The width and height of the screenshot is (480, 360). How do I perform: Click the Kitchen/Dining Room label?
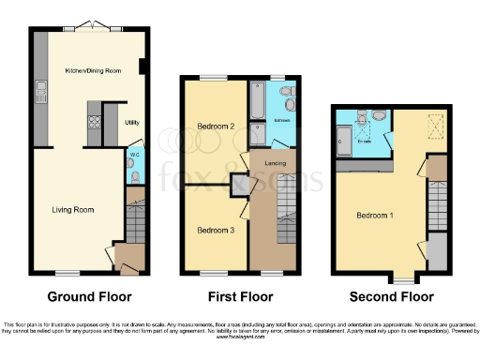click(87, 71)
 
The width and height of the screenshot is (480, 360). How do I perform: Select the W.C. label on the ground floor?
click(134, 155)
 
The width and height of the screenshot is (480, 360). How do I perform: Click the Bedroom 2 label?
click(217, 126)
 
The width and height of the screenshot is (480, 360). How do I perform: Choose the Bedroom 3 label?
click(215, 229)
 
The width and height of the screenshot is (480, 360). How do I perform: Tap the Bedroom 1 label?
click(374, 215)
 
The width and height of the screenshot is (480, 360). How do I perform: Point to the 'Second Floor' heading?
click(391, 297)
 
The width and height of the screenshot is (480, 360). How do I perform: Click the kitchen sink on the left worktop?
click(41, 92)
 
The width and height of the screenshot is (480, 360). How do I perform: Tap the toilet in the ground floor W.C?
click(137, 173)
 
